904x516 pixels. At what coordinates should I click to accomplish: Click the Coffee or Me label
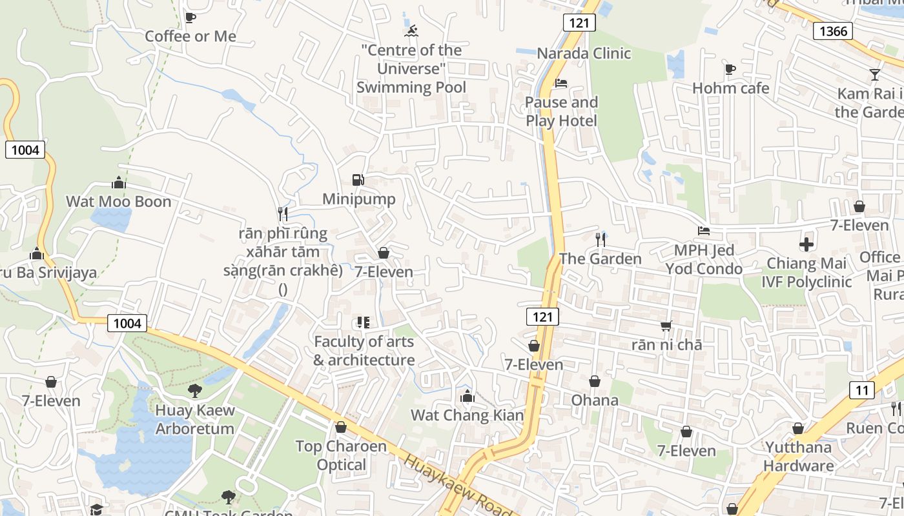[190, 36]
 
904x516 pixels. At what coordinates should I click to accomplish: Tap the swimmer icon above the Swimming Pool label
[411, 30]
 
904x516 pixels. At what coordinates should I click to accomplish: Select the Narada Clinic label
[584, 53]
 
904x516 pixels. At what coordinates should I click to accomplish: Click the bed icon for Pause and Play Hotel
[561, 83]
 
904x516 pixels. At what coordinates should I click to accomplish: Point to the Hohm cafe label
[730, 88]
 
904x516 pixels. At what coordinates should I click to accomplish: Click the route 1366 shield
[832, 30]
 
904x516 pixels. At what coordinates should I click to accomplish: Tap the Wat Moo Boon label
[119, 201]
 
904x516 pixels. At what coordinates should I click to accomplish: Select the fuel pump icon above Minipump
[358, 180]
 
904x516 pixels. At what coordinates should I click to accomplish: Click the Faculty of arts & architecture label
[364, 351]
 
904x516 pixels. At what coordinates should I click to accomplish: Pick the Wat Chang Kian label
[467, 415]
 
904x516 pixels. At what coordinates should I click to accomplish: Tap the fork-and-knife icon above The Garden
[601, 240]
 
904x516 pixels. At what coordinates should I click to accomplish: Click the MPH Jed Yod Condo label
[704, 259]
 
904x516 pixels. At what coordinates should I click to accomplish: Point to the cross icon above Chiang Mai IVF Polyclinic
[806, 244]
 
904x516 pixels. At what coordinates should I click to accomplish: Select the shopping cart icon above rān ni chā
[666, 326]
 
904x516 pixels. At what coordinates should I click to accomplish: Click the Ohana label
[595, 400]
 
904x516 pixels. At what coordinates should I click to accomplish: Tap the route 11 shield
[862, 390]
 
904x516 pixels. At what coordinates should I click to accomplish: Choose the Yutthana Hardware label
[799, 456]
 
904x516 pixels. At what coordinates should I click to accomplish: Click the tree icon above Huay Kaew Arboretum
[194, 390]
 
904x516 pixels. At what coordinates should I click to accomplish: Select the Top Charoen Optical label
[341, 455]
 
